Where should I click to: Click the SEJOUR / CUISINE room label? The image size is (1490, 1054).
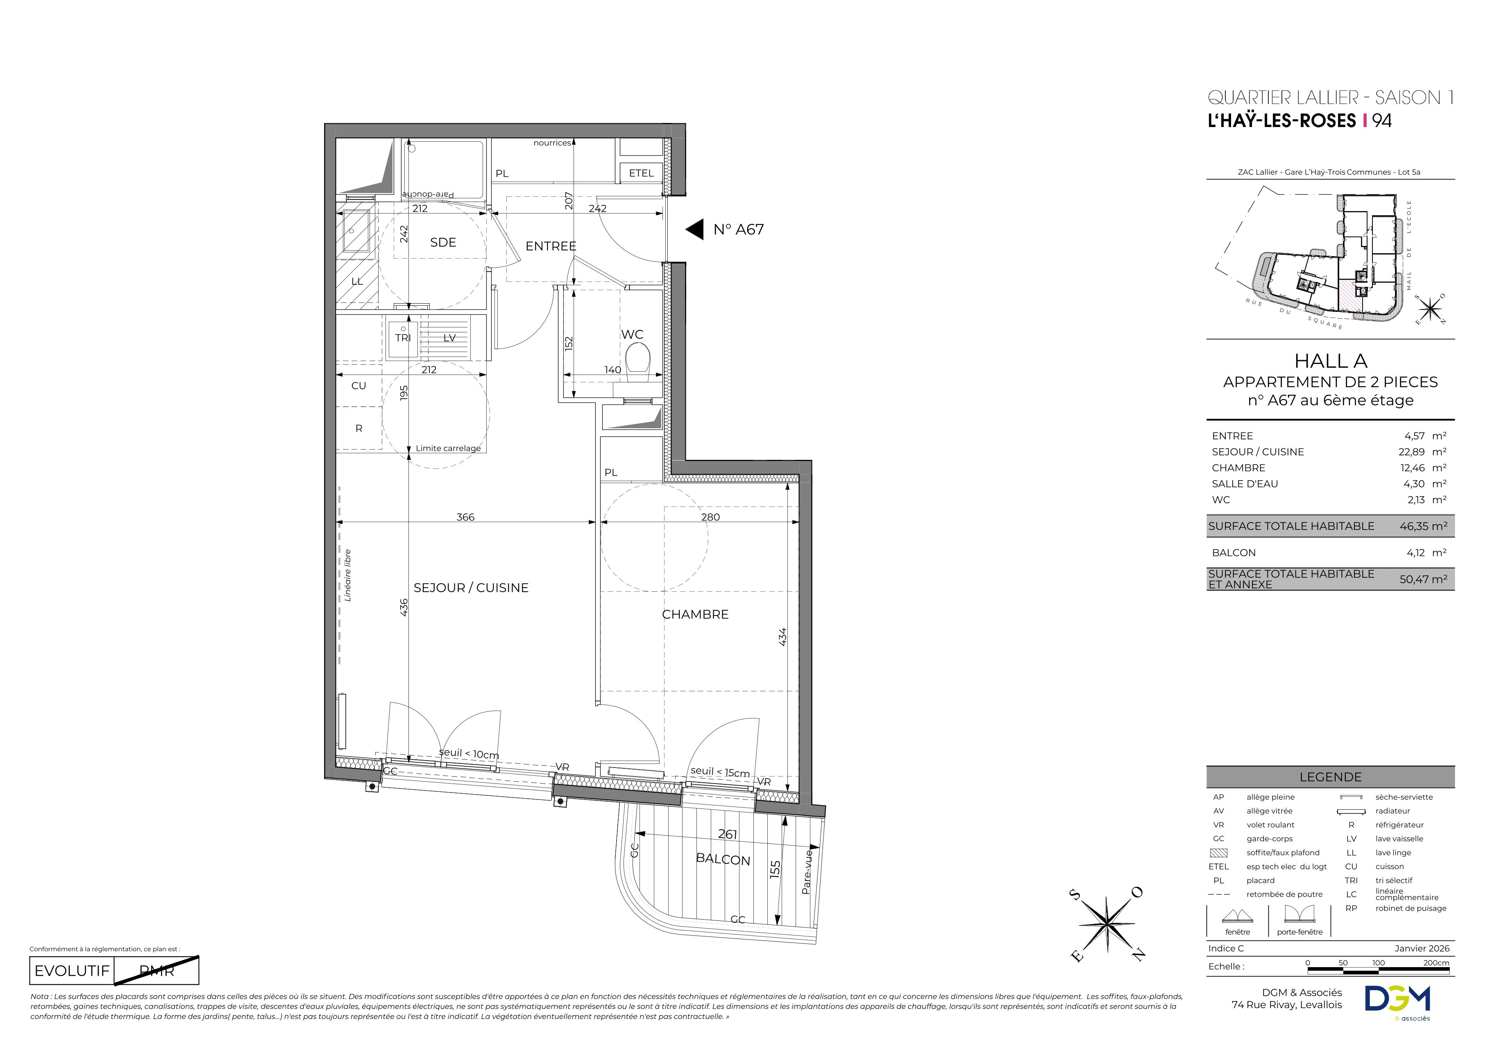coord(471,588)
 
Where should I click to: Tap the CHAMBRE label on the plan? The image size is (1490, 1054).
coord(695,615)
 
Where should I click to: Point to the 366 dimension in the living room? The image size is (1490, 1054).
coord(465,517)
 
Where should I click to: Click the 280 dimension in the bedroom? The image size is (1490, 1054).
coord(711,517)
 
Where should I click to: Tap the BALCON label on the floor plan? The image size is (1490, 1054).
coord(723,860)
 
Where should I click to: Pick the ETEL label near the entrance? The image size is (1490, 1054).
coord(641,173)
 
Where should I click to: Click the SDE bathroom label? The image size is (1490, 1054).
coord(443,243)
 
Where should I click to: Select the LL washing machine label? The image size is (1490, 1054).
coord(357,282)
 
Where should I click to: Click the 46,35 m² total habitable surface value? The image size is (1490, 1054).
coord(1423,526)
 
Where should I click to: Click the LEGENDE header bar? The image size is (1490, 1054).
coord(1330,777)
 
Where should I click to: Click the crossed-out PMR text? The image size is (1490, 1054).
coord(157,971)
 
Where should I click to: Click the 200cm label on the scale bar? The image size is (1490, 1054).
coord(1436,963)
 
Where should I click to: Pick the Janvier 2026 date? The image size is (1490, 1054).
coord(1422,948)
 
